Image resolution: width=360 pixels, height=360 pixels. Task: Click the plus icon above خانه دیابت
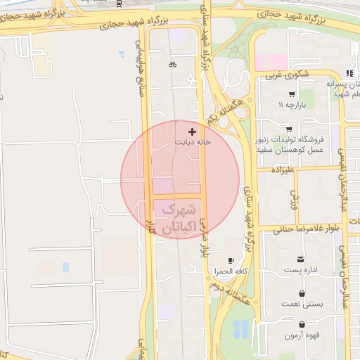point(192,131)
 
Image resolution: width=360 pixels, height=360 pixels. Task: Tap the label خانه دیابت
point(192,141)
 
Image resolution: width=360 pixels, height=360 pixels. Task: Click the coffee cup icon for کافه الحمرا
point(231,261)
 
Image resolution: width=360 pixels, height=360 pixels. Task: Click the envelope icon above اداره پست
point(302,259)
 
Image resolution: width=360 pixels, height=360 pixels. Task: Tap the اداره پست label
point(302,269)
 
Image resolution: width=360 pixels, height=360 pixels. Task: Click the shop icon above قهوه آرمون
point(302,325)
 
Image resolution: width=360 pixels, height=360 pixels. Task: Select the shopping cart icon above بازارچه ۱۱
point(291,94)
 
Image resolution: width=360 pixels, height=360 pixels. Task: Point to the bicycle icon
point(172,65)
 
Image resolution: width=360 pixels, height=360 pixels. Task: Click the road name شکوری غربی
point(283,74)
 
